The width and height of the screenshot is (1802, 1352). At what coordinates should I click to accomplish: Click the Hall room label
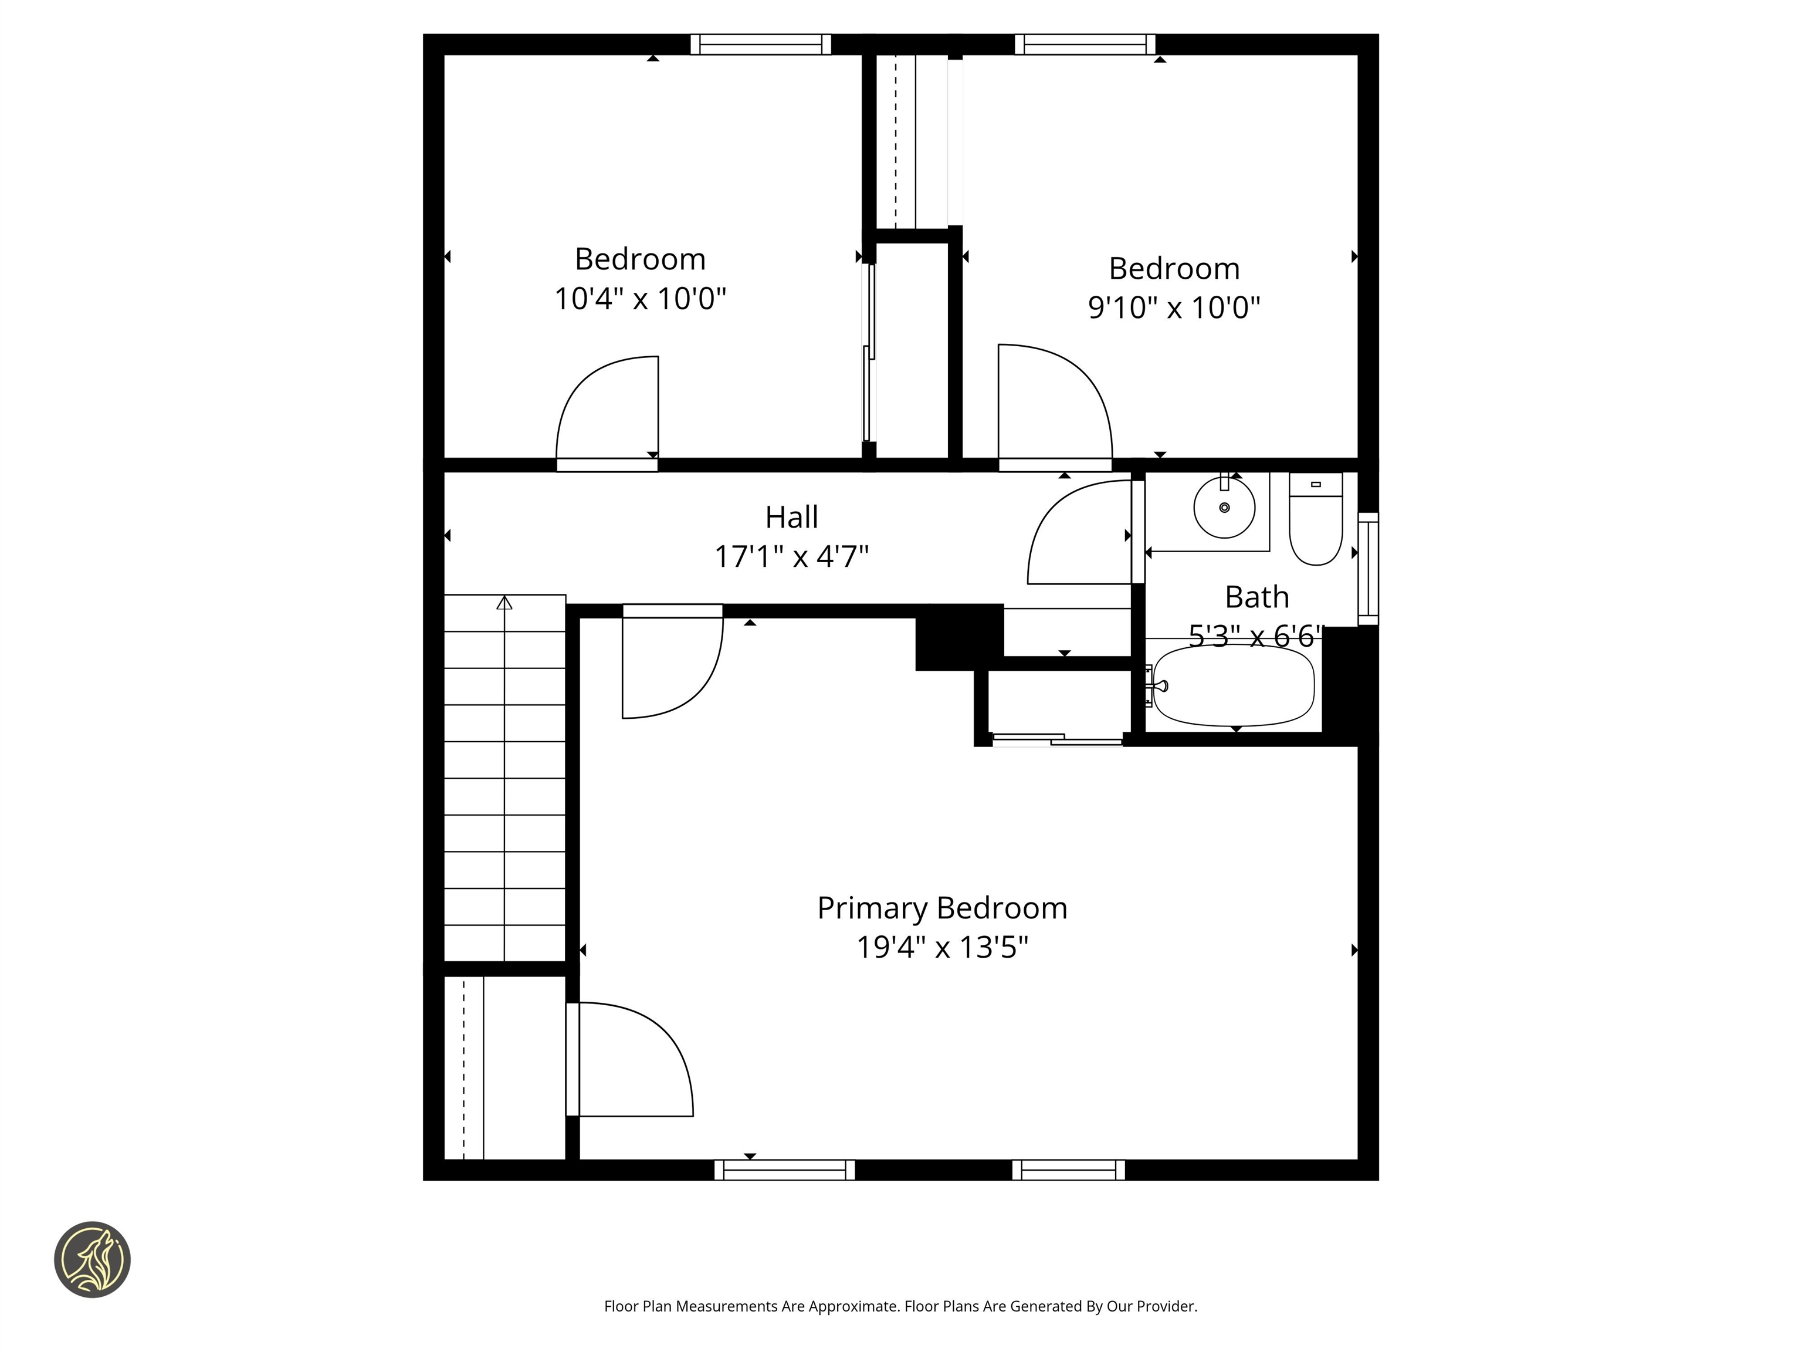click(x=791, y=516)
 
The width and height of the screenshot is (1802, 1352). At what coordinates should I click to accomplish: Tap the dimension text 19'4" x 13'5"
click(x=941, y=948)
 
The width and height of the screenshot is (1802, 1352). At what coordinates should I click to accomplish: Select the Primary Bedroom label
click(x=941, y=908)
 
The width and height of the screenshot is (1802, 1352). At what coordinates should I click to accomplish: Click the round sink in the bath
click(x=1224, y=508)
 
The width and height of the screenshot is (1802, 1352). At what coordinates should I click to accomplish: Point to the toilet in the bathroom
click(x=1315, y=522)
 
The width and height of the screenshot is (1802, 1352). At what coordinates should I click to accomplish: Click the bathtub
click(x=1234, y=685)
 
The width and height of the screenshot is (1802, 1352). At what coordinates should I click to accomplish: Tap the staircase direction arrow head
click(x=504, y=603)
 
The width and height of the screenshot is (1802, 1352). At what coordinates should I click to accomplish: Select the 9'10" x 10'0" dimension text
click(x=1173, y=308)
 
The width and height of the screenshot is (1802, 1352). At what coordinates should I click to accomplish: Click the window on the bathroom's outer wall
click(x=1369, y=568)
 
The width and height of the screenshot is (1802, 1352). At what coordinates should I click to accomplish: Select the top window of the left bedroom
click(x=760, y=44)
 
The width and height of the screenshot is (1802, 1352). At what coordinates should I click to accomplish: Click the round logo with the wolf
click(x=92, y=1259)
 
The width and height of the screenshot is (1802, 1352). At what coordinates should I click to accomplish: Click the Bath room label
click(x=1256, y=597)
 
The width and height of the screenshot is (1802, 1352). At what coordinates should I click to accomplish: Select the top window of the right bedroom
click(x=1084, y=44)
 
